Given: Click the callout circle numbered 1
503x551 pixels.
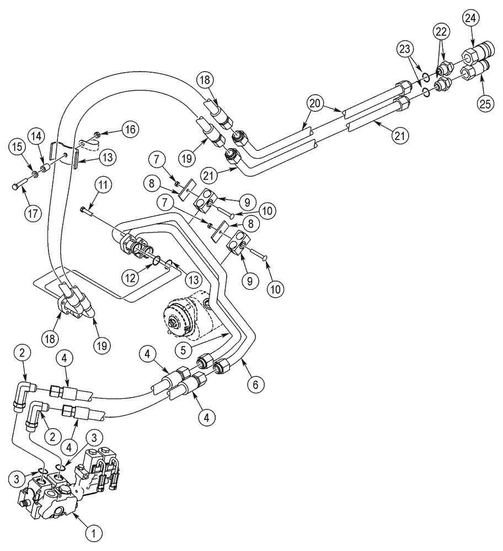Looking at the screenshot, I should (93, 533).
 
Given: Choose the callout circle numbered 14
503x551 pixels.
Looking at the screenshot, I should (36, 136).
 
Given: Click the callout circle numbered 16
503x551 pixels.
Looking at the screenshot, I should (130, 129).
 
